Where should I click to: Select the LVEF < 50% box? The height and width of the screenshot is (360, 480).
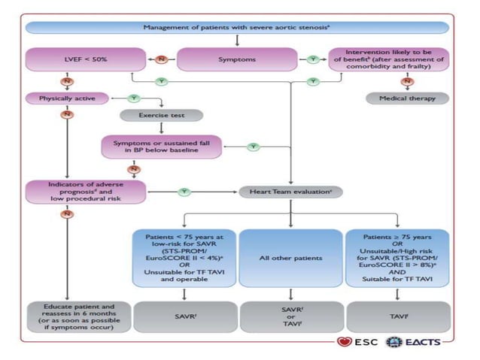[x=85, y=59]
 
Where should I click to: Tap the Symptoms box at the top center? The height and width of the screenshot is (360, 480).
[x=238, y=59]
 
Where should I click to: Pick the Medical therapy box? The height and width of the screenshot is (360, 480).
[x=407, y=98]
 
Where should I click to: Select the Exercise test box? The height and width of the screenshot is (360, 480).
[x=161, y=116]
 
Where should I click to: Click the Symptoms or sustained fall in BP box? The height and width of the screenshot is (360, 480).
[x=163, y=147]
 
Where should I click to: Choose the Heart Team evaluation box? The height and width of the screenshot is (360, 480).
[x=290, y=192]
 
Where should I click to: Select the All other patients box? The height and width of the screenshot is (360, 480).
[x=290, y=258]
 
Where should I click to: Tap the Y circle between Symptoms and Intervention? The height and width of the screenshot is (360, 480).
[x=313, y=59]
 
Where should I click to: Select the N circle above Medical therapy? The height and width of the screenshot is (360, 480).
[x=407, y=80]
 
